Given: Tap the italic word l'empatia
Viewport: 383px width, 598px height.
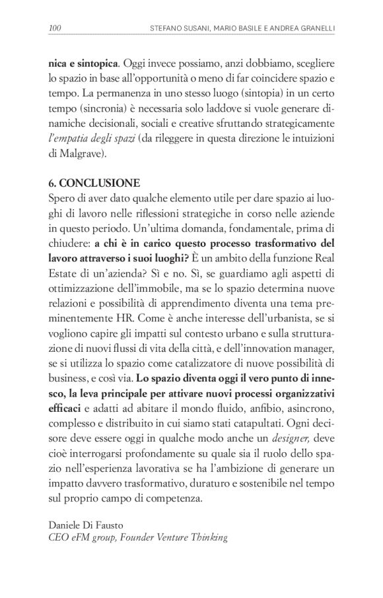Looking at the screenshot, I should pyautogui.click(x=69, y=139).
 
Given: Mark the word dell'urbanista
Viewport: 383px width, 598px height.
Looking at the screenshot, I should pyautogui.click(x=266, y=314).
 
